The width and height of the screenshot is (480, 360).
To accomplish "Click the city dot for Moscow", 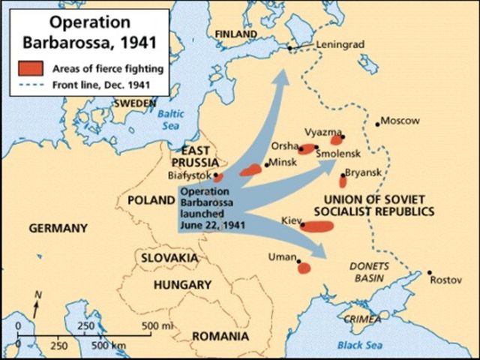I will (377, 123).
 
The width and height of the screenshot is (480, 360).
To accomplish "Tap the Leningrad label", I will (339, 44).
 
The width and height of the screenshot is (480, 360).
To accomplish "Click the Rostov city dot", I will (429, 272).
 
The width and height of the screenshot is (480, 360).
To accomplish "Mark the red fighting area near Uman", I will (304, 268).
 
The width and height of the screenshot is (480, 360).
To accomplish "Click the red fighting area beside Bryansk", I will (343, 181).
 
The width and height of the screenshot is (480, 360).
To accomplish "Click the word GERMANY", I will (58, 228).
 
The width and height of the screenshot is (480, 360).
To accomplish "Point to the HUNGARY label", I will (182, 285).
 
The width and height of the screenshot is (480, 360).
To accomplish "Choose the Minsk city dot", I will (265, 165).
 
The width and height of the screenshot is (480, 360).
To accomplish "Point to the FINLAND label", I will (235, 34).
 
